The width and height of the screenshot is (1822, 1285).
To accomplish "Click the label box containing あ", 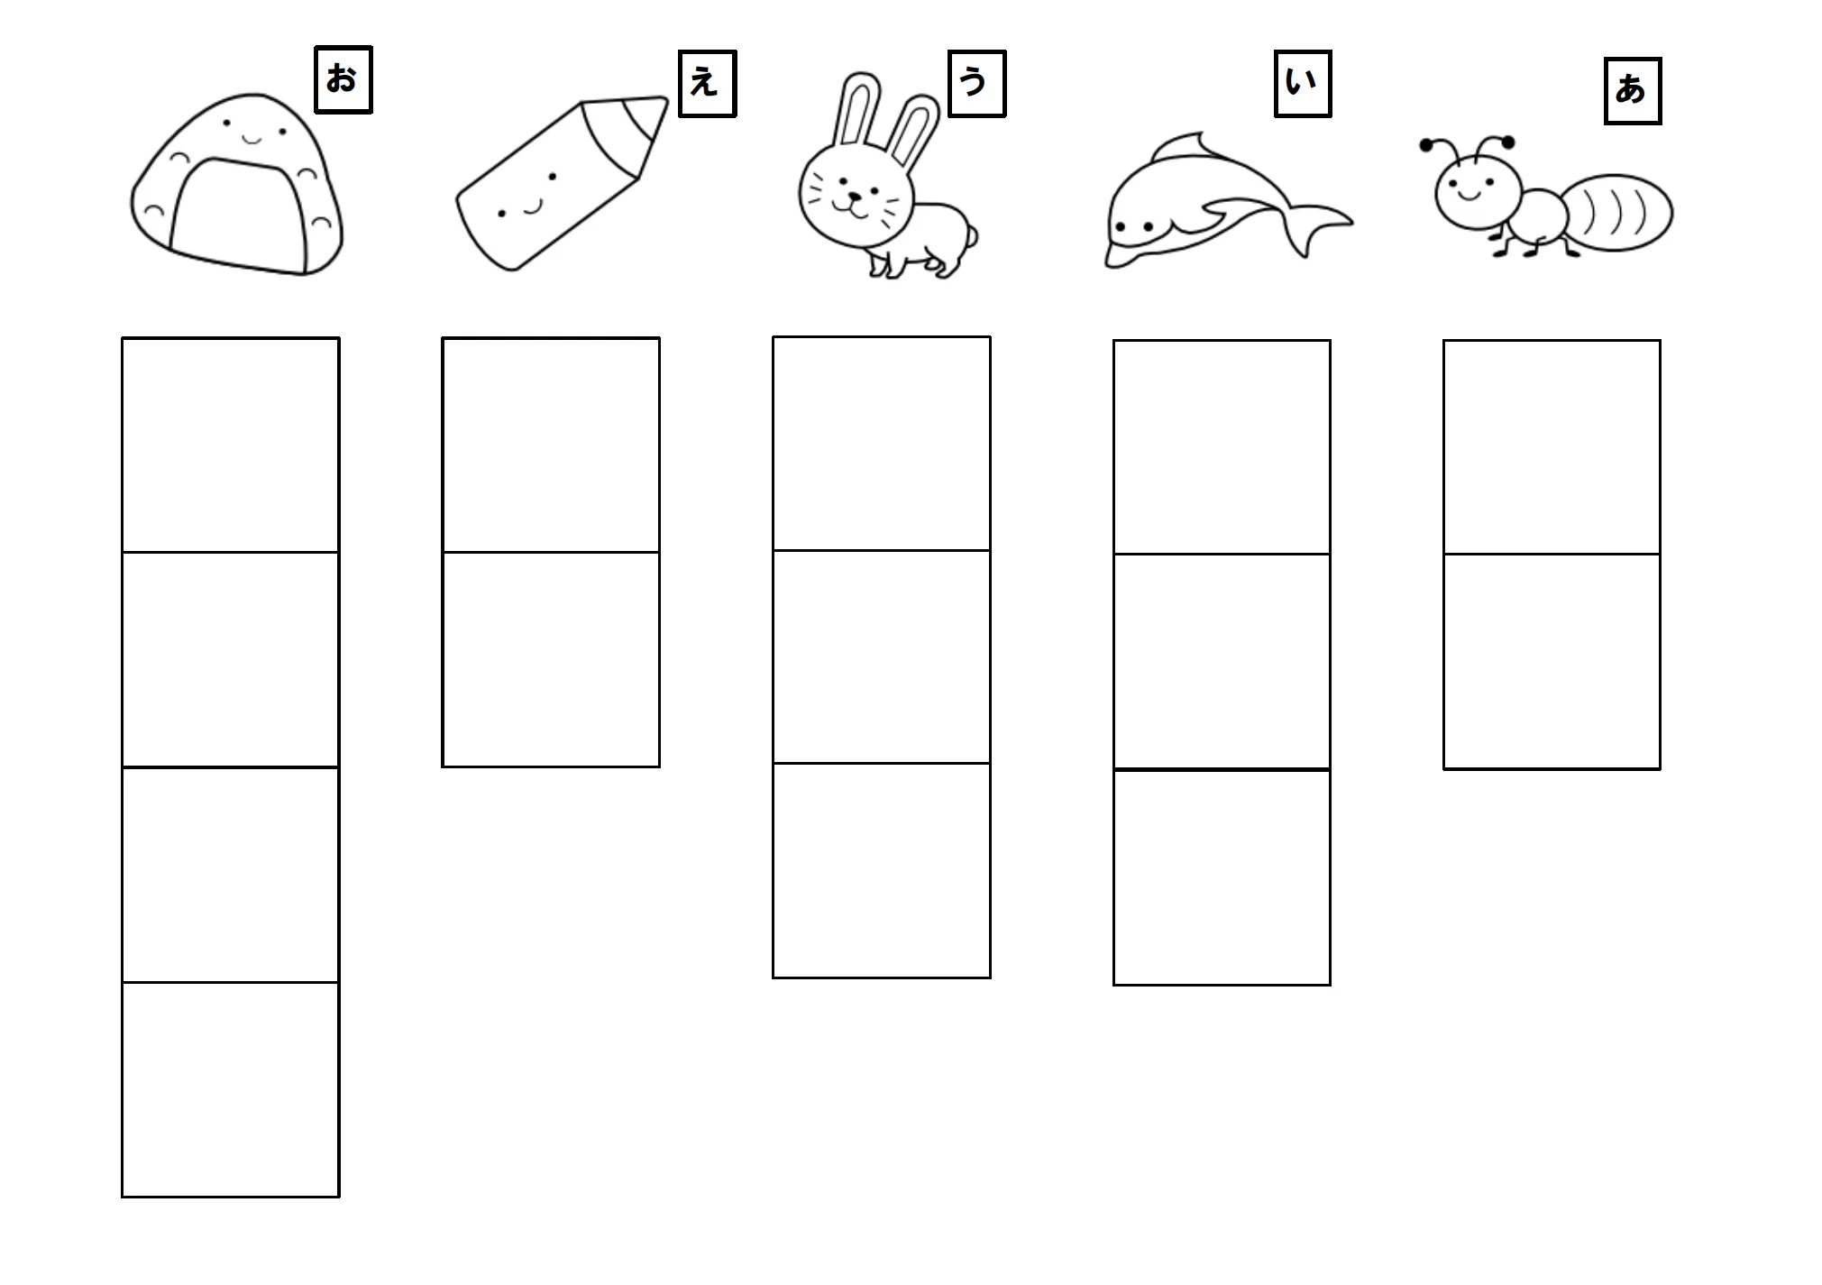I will [1632, 91].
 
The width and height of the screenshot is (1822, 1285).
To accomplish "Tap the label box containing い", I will [1302, 84].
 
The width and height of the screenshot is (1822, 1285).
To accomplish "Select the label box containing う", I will [976, 84].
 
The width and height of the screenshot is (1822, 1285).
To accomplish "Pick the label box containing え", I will [707, 84].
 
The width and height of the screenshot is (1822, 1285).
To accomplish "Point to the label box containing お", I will [343, 80].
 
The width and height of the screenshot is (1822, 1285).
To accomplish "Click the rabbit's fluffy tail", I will [970, 236].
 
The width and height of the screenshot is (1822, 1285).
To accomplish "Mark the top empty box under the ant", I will [1551, 447].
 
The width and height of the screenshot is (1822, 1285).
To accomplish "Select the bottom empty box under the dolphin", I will [1221, 877].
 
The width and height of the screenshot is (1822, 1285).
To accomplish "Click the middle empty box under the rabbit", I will [881, 656].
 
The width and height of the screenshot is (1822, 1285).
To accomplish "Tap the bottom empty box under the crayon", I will [550, 659].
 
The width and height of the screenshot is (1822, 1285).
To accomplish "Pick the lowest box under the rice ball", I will [230, 1089].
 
